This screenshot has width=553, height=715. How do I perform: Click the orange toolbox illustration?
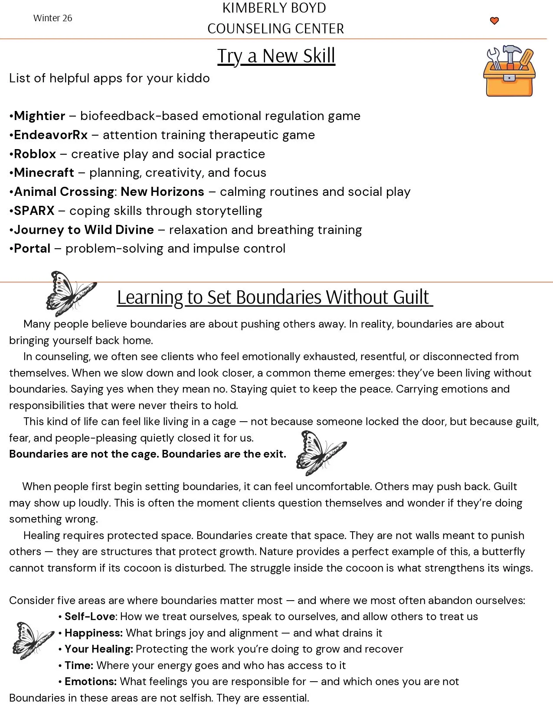(509, 71)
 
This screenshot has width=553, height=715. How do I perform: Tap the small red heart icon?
(494, 21)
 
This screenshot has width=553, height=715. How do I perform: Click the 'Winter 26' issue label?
(52, 18)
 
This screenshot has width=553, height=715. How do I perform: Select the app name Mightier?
(39, 116)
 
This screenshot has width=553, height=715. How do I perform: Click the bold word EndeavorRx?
(51, 135)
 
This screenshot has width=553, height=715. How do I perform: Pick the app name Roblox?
(35, 154)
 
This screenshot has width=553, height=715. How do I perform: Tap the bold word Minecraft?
(44, 173)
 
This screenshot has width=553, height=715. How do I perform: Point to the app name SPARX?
(34, 211)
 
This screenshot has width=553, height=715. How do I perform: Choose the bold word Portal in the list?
(32, 249)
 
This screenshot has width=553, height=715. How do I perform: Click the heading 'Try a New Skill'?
(276, 56)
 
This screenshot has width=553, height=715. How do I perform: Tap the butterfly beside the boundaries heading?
(70, 293)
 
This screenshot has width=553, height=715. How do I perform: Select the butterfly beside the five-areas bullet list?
(33, 640)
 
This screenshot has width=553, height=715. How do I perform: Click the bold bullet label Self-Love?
(90, 617)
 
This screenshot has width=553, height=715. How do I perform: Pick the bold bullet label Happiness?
(93, 633)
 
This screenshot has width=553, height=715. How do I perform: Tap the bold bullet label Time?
(79, 666)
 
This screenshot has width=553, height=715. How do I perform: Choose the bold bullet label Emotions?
(90, 682)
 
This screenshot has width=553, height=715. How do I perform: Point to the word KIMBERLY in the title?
(249, 8)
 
